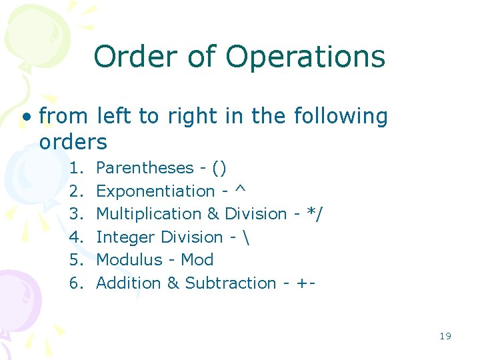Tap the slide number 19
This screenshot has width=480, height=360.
pyautogui.click(x=445, y=336)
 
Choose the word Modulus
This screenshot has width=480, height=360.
pyautogui.click(x=129, y=260)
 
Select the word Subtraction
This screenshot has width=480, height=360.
pyautogui.click(x=230, y=283)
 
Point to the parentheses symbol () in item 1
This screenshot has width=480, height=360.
pyautogui.click(x=219, y=168)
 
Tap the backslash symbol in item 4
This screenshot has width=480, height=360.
pyautogui.click(x=247, y=237)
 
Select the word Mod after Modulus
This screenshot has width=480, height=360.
pyautogui.click(x=197, y=260)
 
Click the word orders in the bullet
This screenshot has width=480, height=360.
pyautogui.click(x=73, y=142)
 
